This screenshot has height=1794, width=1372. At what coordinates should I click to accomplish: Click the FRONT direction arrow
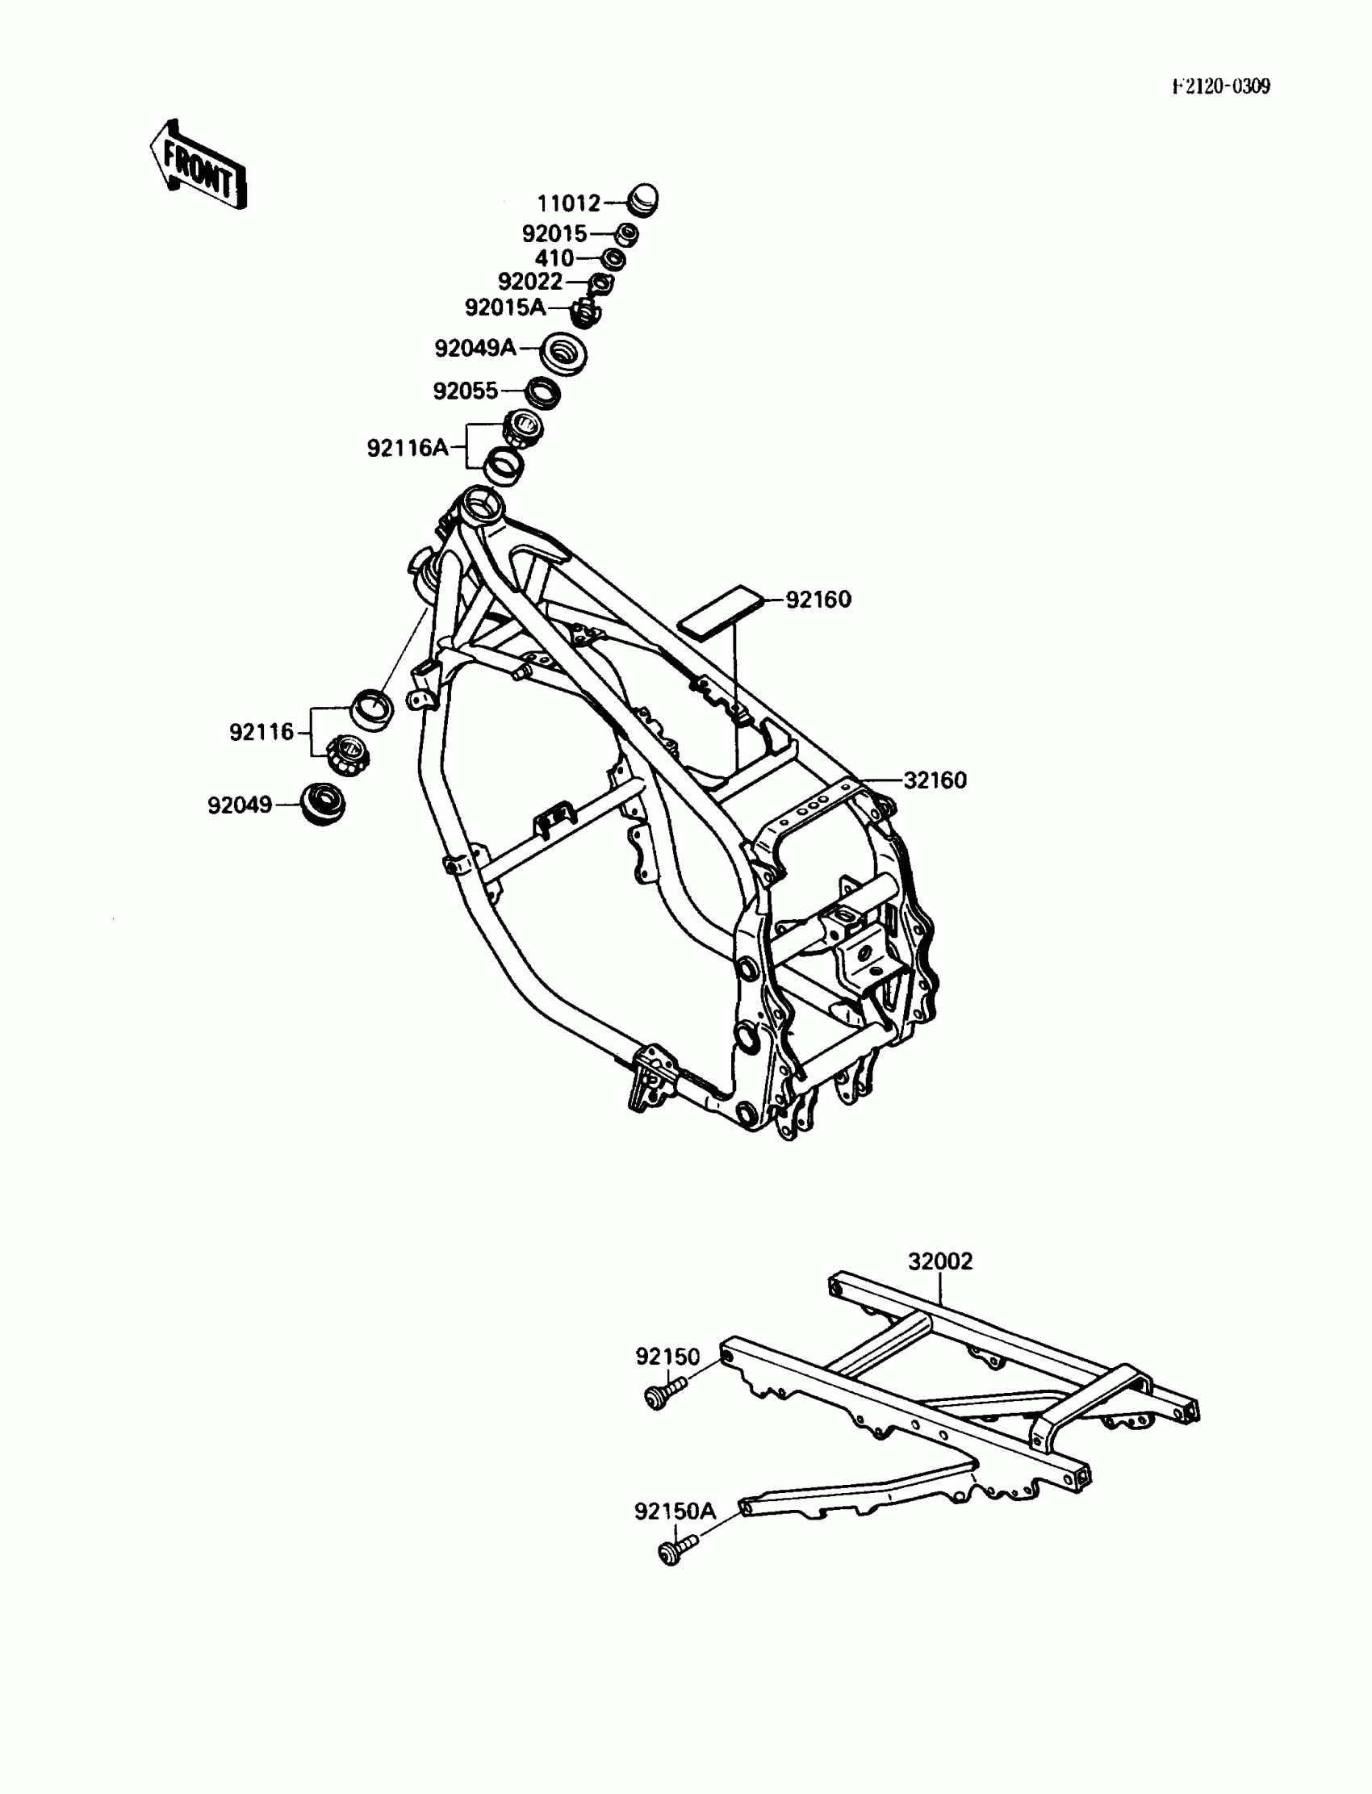[198, 165]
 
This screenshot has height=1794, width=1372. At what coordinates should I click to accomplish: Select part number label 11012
[568, 203]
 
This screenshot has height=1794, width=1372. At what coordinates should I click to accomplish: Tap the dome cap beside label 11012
[642, 199]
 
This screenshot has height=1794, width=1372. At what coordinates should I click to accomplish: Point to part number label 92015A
[504, 307]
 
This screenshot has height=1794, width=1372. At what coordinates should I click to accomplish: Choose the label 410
[554, 258]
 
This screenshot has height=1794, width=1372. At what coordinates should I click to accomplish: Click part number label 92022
[530, 282]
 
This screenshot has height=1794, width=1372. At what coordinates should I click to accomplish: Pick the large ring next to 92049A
[563, 353]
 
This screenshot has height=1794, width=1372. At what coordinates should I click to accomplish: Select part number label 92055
[465, 391]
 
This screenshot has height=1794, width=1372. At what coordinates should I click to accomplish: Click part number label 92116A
[408, 447]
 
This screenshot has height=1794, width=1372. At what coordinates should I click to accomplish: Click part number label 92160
[818, 600]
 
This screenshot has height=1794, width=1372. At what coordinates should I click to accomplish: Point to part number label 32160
[935, 780]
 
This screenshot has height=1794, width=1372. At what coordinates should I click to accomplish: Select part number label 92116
[261, 732]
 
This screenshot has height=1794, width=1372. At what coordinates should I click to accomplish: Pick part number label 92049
[239, 805]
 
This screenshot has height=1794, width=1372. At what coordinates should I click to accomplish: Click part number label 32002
[940, 1261]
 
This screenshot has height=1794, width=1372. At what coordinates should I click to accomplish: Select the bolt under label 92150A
[674, 1550]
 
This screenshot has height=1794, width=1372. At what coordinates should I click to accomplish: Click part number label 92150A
[675, 1511]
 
